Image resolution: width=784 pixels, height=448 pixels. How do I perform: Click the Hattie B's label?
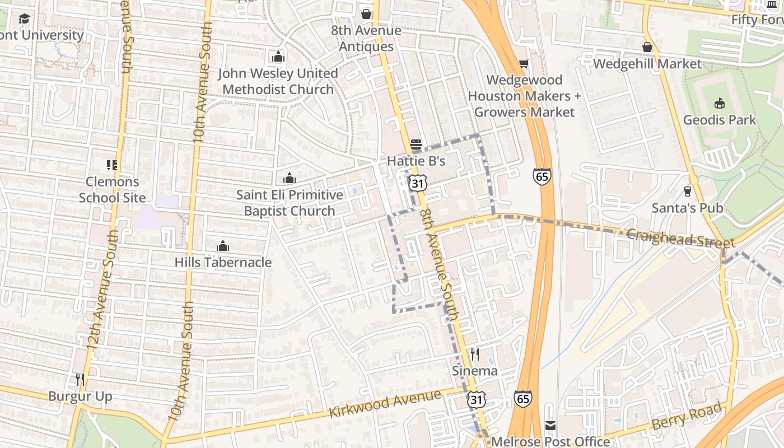point(416,161)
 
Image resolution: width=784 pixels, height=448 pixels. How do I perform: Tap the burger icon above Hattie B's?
point(416,144)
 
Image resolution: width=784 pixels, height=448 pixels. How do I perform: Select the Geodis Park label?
point(720,120)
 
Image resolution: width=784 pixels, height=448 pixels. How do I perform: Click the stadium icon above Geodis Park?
point(720,103)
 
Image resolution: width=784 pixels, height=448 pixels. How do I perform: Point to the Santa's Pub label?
point(687,208)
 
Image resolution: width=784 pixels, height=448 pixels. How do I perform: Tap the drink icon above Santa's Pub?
point(688,192)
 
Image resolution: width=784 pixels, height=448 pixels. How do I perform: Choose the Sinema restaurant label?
point(475,371)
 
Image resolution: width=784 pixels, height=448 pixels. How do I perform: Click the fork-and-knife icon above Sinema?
point(475,354)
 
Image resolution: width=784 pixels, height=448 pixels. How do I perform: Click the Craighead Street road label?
point(680,239)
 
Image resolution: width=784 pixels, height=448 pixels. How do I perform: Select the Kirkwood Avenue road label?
point(385,404)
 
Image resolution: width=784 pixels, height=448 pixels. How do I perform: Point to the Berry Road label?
point(687,416)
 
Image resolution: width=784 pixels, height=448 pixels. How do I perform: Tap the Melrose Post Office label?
point(550,441)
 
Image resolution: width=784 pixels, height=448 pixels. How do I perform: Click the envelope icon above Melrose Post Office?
point(550,426)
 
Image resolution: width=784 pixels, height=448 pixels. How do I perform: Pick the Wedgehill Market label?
point(647,64)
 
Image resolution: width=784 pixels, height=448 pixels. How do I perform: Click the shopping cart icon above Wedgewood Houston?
point(524,64)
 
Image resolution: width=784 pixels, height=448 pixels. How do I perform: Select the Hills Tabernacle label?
point(223,262)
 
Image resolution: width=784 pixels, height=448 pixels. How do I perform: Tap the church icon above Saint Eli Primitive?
point(290,179)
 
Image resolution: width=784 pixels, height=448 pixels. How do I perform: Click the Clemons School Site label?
point(112,189)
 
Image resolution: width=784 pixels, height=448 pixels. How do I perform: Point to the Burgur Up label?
point(80,396)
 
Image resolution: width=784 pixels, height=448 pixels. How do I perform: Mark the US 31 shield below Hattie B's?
point(418,183)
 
